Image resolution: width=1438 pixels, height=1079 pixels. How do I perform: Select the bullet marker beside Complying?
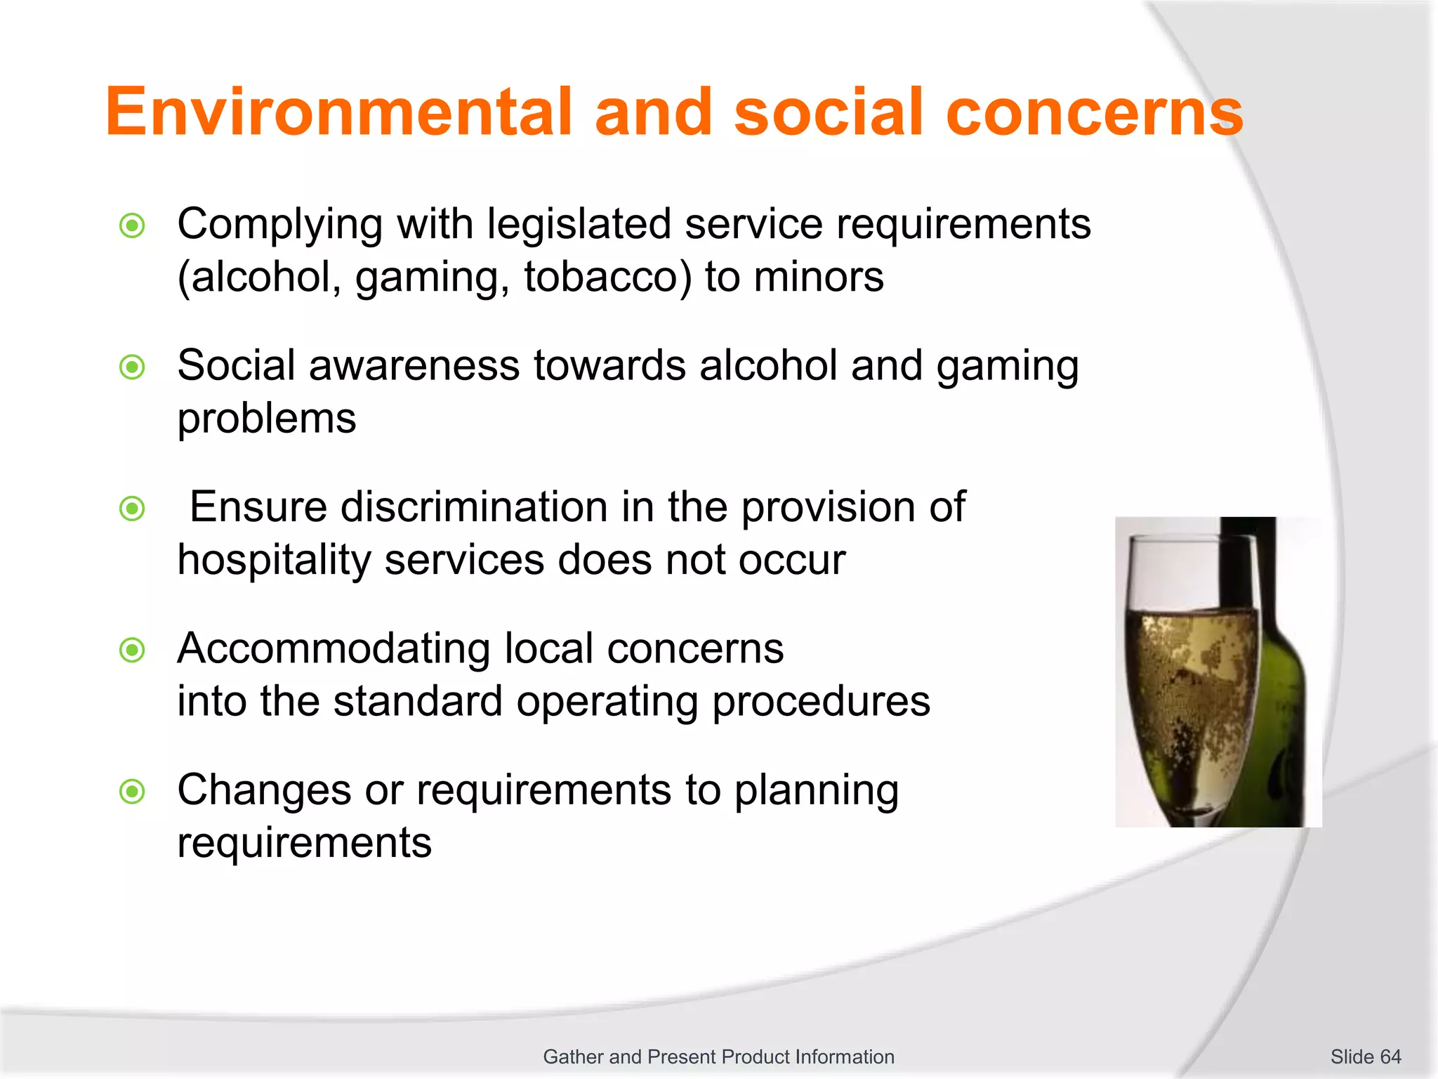132,226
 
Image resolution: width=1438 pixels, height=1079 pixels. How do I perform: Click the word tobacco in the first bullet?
608,277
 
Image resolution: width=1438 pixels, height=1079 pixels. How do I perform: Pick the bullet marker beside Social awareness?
132,367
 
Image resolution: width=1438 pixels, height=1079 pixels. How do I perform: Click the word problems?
267,419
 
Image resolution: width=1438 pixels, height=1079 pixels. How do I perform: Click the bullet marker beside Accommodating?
132,650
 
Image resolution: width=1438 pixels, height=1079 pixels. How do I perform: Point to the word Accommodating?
334,648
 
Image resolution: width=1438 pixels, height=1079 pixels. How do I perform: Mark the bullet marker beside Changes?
132,792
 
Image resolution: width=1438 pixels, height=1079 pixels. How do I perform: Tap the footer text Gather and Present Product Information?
718,1057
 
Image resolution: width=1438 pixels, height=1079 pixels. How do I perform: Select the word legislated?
579,225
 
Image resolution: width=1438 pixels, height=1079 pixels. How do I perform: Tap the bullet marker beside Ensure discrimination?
132,509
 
